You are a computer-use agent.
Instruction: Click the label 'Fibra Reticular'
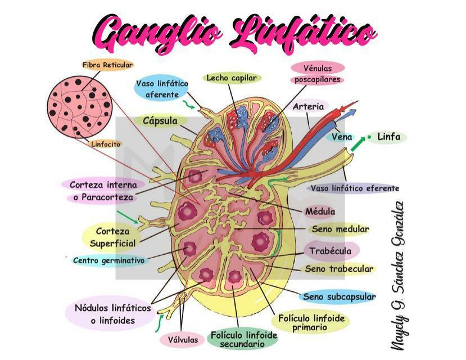coord(107,65)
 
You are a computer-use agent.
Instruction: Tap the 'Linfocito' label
coord(106,145)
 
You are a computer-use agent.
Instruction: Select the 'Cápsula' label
coord(160,121)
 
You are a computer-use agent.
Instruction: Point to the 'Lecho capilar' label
coord(232,78)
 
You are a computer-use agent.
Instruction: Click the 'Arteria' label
coord(308,106)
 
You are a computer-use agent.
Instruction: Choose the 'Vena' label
coord(342,137)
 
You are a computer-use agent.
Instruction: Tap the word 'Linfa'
coord(389,137)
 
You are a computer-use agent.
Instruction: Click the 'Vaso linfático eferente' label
coord(355,188)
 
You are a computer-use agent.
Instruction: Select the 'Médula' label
coord(320,211)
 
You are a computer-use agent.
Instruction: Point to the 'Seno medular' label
coord(340,229)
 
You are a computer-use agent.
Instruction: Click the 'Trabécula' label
coord(330,251)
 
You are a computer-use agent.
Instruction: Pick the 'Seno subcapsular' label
coord(339,296)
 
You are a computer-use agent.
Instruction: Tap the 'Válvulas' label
coord(183,340)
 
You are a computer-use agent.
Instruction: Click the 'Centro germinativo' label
coord(109,260)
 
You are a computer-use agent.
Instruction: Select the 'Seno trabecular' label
coord(339,269)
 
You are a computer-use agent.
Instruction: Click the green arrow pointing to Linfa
coord(358,143)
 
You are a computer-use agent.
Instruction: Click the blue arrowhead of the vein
coord(351,112)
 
